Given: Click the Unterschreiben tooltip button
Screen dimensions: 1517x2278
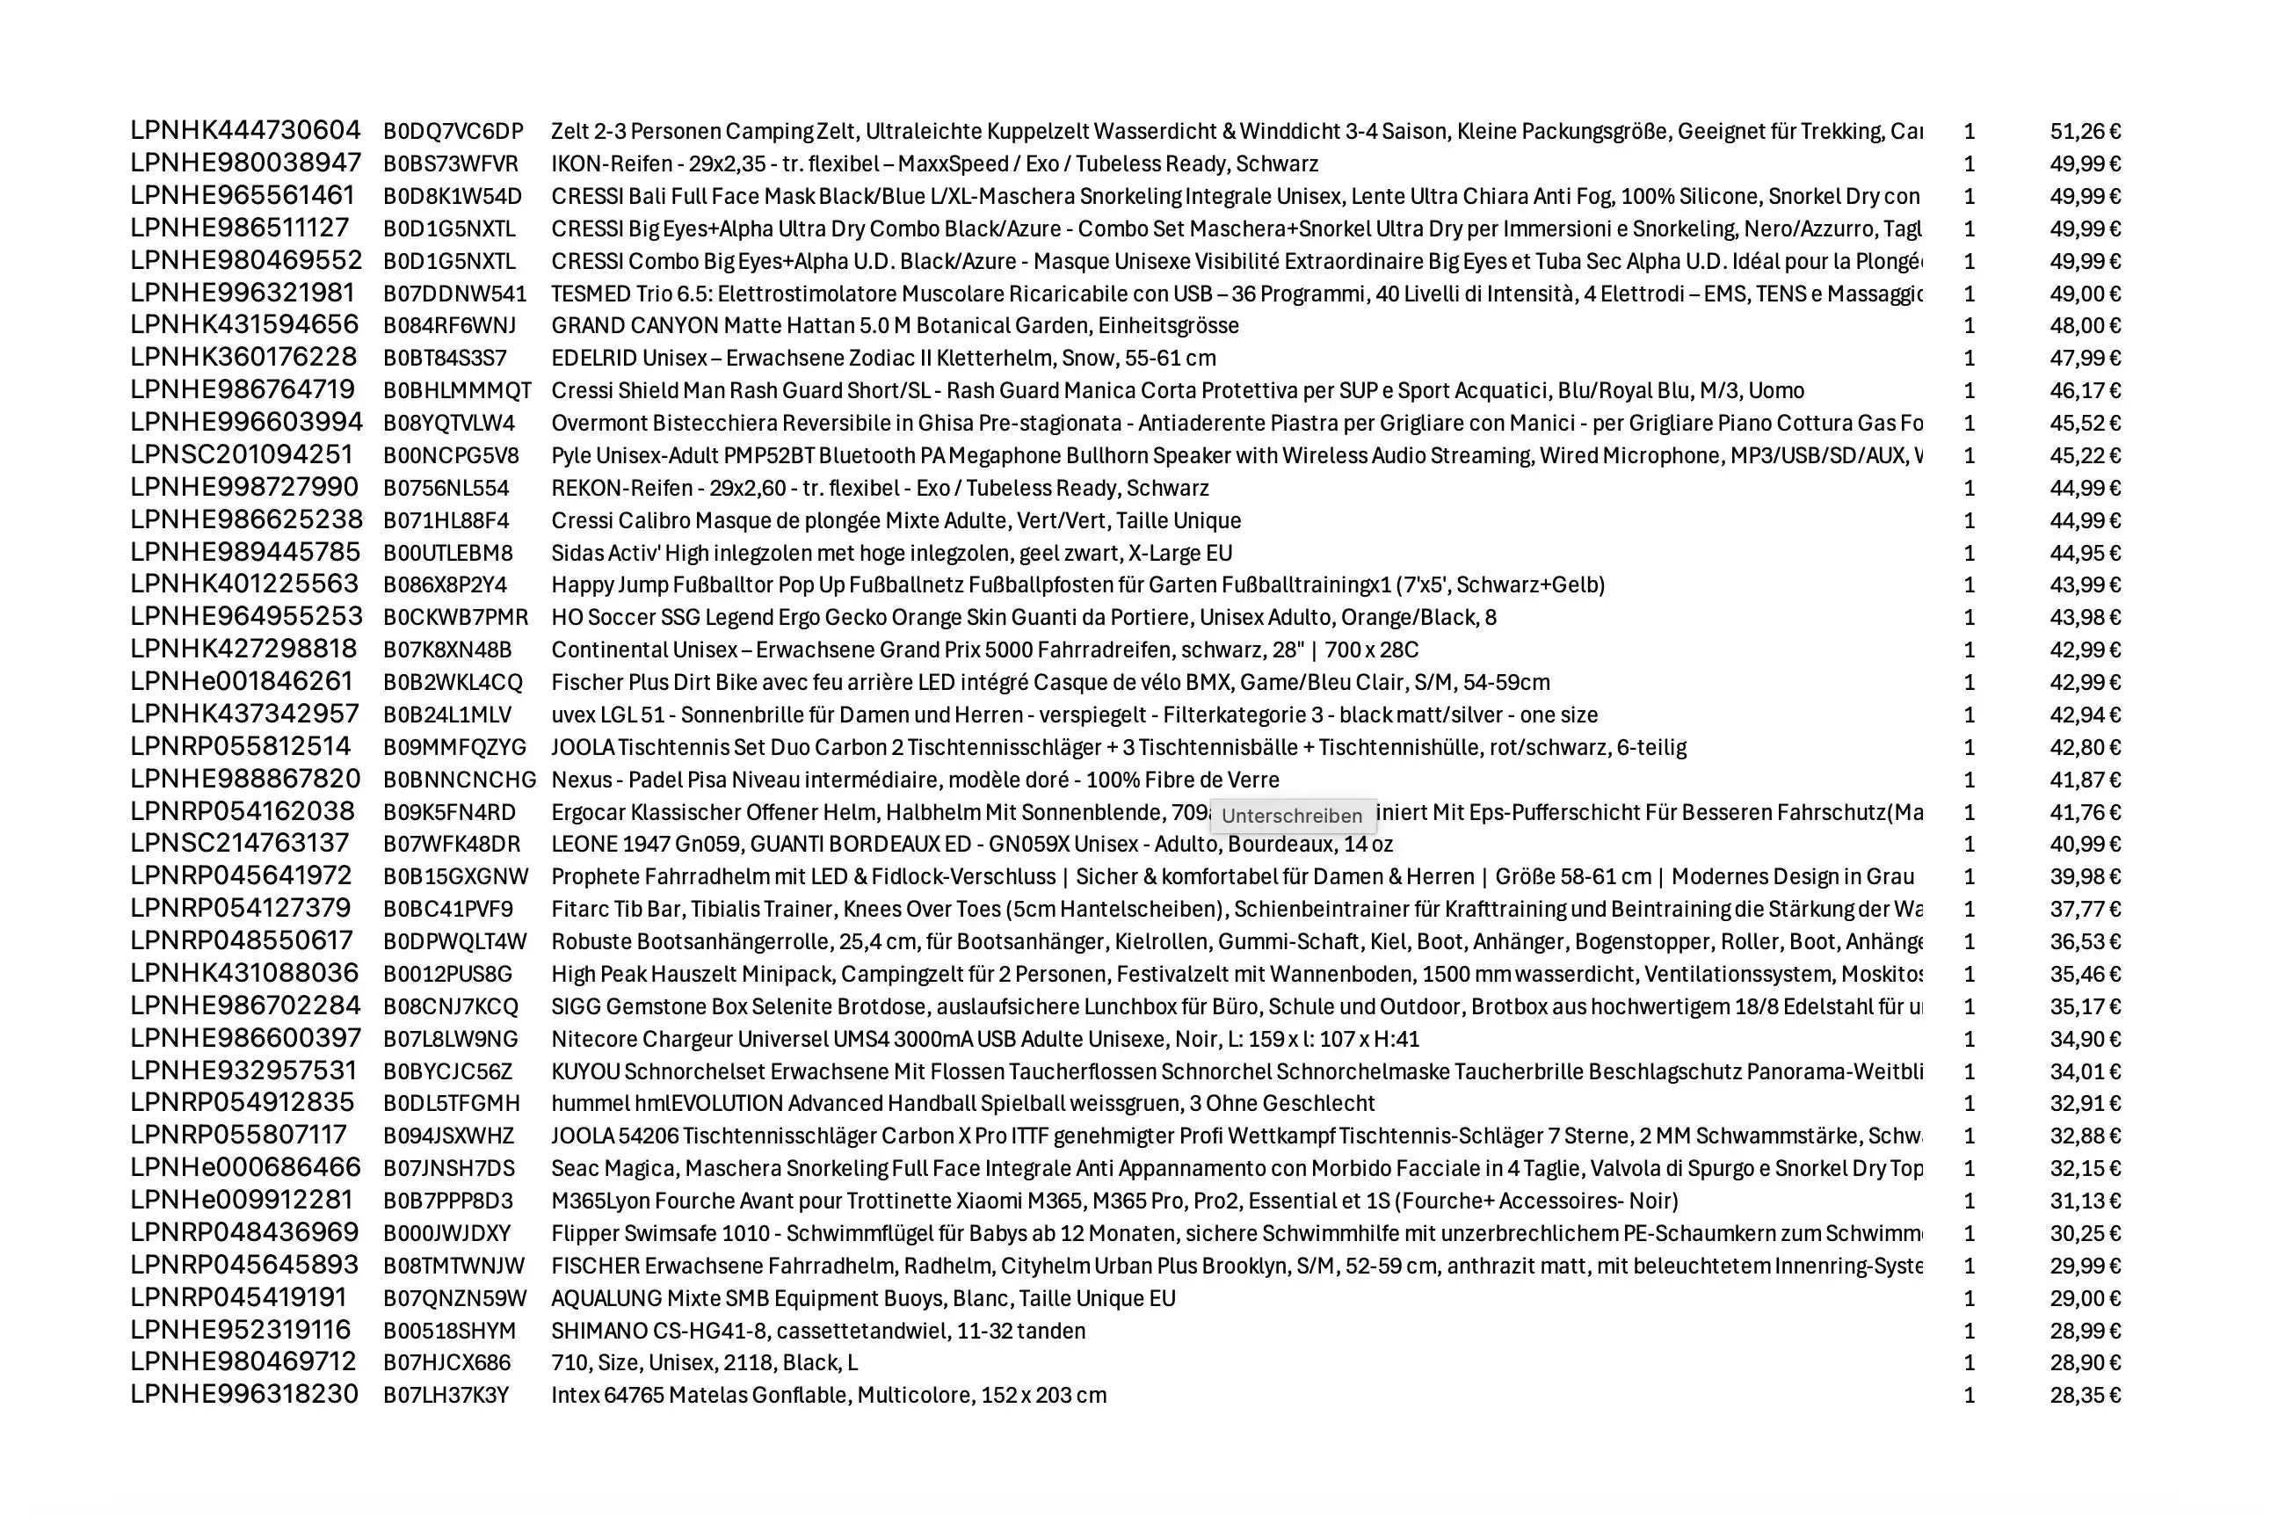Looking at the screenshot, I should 1291,816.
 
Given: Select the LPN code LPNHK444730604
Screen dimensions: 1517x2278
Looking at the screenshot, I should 246,131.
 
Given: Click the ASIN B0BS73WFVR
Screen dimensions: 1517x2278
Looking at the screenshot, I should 451,163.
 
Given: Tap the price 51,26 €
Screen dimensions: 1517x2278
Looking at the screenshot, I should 2085,132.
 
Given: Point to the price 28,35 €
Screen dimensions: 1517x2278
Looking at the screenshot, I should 2085,1395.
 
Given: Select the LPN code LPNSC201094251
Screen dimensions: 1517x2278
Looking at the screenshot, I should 242,454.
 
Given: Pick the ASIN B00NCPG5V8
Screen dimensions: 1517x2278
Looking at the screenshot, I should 451,455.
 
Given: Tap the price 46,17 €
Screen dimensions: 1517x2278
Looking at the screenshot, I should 2085,391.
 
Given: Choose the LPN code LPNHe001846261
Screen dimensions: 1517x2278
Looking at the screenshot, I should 242,682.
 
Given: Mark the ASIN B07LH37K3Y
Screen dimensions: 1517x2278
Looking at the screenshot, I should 446,1395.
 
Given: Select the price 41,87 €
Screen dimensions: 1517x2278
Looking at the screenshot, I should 2085,780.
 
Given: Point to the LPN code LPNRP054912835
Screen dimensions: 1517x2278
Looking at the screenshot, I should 243,1103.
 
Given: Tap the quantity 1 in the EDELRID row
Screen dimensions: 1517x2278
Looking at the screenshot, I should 1969,358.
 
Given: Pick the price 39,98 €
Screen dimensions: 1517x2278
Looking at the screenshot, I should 2085,876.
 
